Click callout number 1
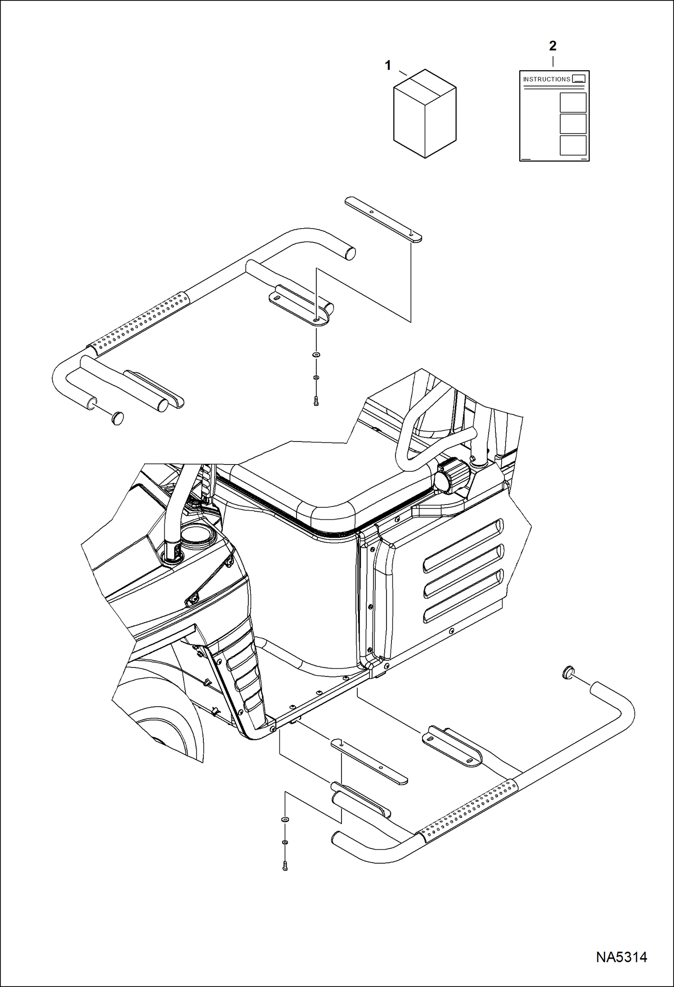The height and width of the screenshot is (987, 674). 388,66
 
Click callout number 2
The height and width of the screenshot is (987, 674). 553,45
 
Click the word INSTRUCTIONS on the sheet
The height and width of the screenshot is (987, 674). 546,79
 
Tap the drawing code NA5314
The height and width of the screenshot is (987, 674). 621,957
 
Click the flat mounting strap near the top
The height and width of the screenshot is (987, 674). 383,220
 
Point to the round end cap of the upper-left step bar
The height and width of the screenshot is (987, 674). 117,418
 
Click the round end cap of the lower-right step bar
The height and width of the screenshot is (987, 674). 568,673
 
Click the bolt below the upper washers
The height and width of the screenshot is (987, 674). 316,401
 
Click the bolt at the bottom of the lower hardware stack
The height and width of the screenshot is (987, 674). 285,865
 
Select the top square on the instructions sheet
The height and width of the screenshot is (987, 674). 573,103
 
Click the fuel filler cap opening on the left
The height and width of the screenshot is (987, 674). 197,536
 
